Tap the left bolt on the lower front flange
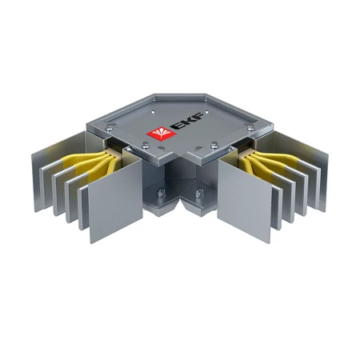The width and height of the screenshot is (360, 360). point(160,191)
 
